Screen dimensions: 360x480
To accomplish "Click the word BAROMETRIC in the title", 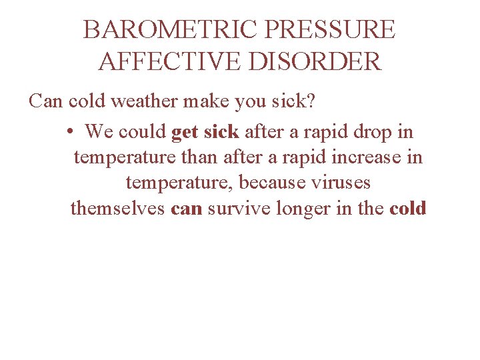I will click(170, 30).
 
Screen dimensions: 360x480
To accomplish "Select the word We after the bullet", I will click(99, 132).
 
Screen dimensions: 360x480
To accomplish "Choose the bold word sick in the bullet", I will click(222, 132).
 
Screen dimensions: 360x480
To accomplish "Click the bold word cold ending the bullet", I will click(407, 208).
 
